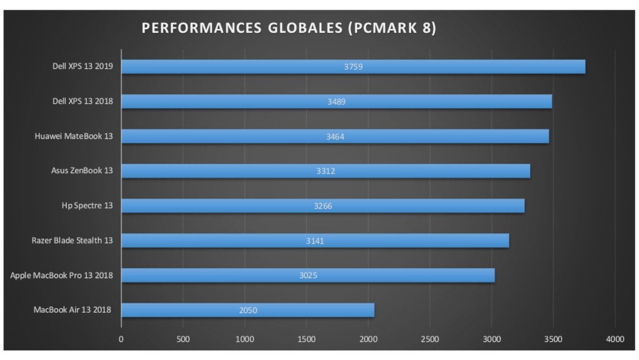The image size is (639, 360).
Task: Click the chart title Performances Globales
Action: coord(288,28)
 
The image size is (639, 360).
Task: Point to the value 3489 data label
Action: coord(336,102)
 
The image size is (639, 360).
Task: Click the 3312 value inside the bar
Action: coord(326,171)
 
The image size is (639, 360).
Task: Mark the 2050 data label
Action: coord(248,310)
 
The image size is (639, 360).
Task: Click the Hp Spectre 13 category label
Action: coord(87,205)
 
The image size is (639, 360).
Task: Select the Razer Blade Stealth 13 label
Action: coord(72,240)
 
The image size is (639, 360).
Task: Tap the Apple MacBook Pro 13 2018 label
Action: coord(62,275)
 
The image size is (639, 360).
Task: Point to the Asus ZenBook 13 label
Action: coord(82,170)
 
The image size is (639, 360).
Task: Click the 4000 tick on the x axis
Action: coord(615,339)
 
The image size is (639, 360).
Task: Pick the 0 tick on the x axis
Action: coord(121,339)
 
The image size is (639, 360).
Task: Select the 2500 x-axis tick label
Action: coord(430,339)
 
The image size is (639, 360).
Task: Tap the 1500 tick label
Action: coord(306,339)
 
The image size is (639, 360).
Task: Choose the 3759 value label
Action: coord(353,67)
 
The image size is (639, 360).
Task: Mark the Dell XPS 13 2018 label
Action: coord(82,101)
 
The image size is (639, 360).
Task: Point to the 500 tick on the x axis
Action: coord(183,339)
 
